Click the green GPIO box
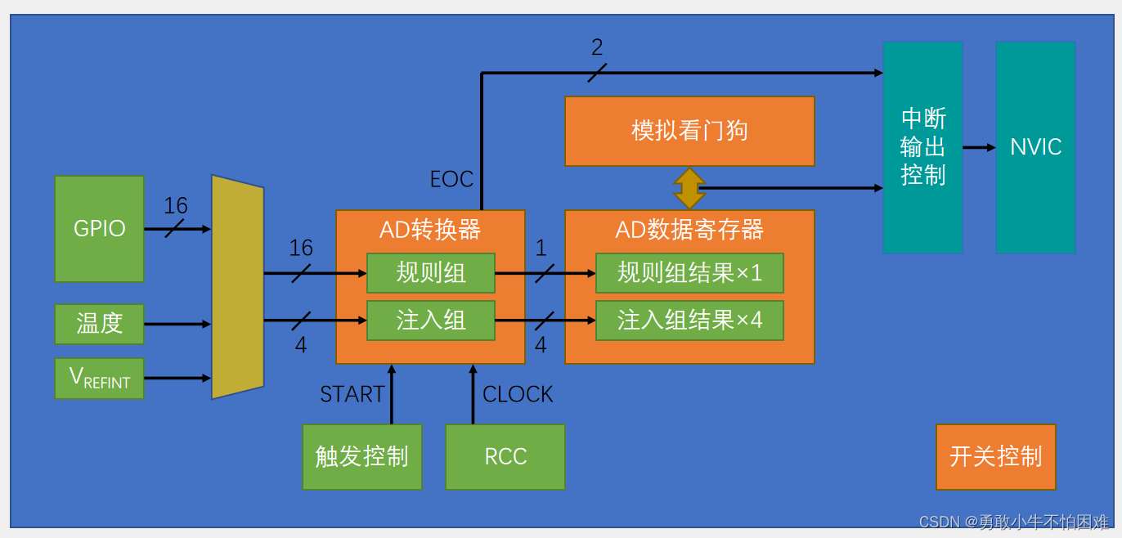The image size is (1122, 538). (99, 229)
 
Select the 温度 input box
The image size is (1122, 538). (99, 324)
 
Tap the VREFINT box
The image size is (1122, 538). (99, 379)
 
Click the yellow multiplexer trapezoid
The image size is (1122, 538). (237, 287)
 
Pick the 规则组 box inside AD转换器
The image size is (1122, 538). (430, 273)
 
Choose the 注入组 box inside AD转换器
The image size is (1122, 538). (430, 321)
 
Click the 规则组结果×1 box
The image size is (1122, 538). (689, 273)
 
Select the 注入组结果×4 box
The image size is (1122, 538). (689, 321)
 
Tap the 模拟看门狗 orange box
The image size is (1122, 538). (689, 131)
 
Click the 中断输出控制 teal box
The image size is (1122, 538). (922, 147)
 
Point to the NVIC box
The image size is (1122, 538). (1035, 147)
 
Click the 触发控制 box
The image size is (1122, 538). (362, 456)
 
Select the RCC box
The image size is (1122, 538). (505, 456)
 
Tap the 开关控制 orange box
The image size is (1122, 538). (995, 456)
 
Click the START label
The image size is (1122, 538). (352, 395)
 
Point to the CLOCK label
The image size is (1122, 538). (518, 395)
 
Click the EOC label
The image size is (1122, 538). (451, 180)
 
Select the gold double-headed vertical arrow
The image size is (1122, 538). (689, 188)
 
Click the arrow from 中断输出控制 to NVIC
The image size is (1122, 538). (979, 147)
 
